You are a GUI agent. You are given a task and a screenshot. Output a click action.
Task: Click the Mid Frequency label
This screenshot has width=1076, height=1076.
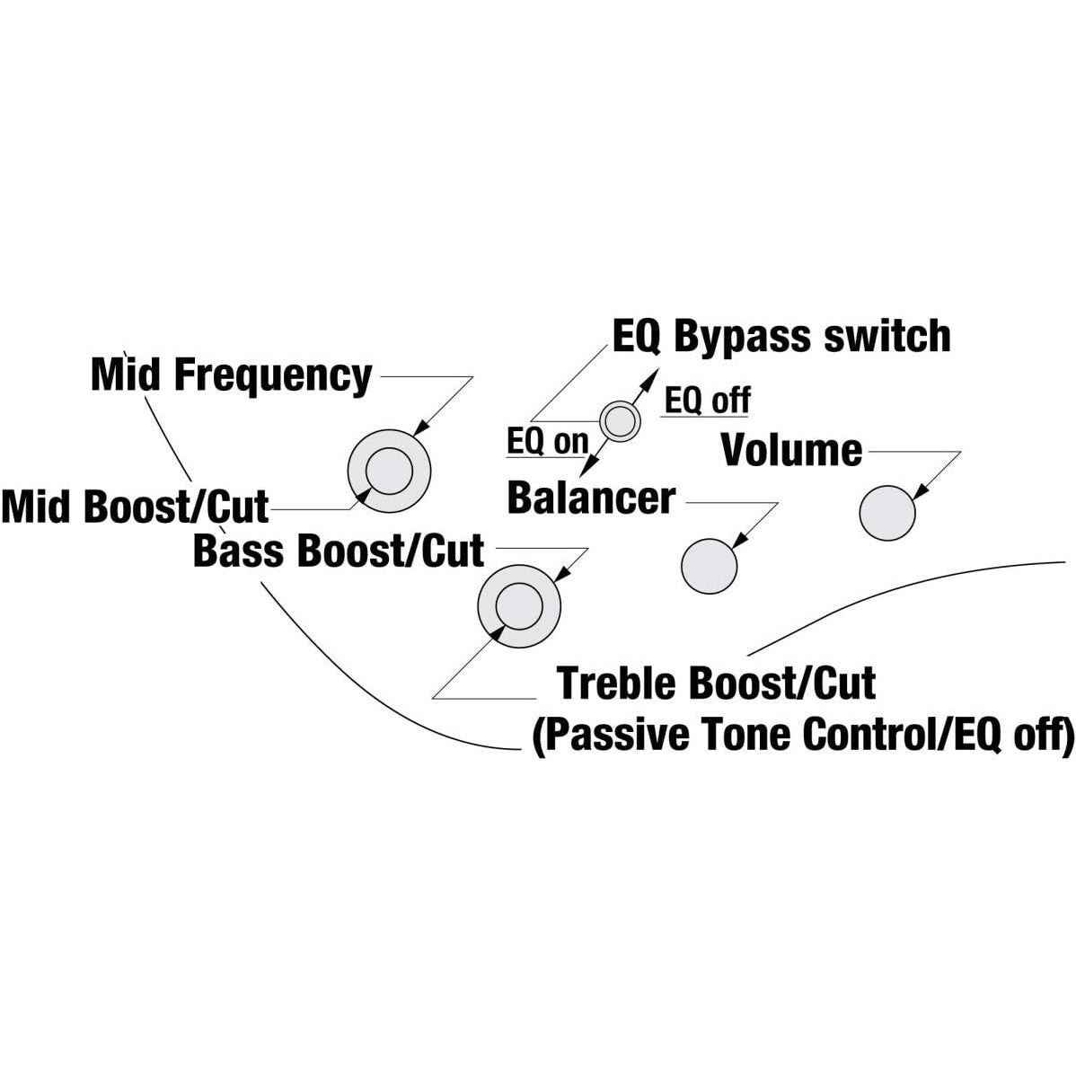231,375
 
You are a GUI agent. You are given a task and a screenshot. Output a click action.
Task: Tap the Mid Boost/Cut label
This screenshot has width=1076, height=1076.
135,507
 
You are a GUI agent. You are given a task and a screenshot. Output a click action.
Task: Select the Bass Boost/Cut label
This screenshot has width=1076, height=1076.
339,551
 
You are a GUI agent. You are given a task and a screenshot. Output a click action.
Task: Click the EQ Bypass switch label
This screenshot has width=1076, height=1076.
781,337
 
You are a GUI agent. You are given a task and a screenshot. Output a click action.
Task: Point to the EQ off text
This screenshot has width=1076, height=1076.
707,400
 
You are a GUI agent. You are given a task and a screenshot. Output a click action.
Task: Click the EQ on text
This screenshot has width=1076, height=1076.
547,441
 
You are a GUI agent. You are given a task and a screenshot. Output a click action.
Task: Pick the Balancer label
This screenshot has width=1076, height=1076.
590,498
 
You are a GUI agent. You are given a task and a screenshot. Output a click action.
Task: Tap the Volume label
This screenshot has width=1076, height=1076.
791,450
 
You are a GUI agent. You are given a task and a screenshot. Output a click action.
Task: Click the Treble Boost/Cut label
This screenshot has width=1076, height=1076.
716,684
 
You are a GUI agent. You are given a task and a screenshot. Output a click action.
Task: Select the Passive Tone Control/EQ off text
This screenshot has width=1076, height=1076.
802,735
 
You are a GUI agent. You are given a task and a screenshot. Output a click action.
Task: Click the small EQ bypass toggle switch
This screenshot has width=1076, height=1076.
620,419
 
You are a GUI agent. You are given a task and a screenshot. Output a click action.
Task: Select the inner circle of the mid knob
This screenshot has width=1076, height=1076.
389,470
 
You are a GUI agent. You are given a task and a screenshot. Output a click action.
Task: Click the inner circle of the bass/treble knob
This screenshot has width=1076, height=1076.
519,604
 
